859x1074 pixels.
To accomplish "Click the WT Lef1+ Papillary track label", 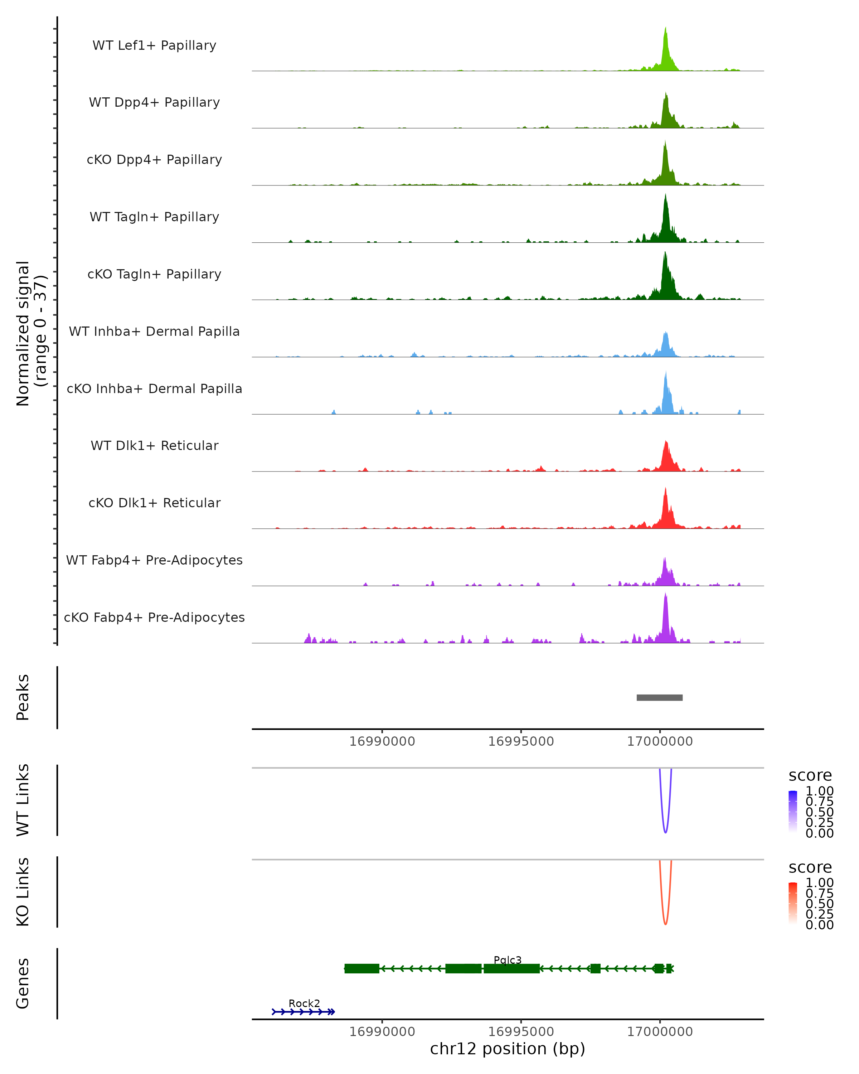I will click(154, 45).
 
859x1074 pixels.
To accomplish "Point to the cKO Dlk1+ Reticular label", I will click(154, 503).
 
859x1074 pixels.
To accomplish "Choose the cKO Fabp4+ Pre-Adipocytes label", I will click(154, 617).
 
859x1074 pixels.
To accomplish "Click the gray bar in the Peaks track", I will click(659, 697).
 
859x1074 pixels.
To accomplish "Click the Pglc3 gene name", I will click(508, 960).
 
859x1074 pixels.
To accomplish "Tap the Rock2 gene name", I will click(304, 1003).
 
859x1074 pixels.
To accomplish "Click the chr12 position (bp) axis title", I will click(508, 1049).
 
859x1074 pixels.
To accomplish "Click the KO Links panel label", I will click(23, 892).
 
